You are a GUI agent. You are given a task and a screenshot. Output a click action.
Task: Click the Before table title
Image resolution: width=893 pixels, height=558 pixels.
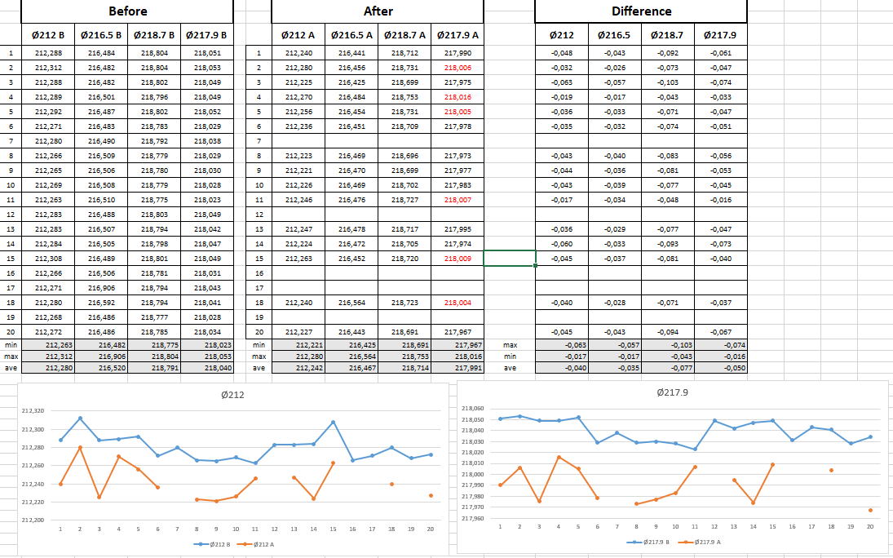pyautogui.click(x=127, y=11)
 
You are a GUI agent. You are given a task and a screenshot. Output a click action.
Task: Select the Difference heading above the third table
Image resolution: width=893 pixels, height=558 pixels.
pyautogui.click(x=641, y=11)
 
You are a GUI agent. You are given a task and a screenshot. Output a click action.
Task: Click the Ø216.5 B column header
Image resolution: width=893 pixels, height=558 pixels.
pyautogui.click(x=101, y=35)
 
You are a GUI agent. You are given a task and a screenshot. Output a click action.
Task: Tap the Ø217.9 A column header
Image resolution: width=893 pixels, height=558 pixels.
pyautogui.click(x=458, y=35)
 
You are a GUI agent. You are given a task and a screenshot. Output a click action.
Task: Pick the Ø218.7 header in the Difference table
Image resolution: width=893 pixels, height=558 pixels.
pyautogui.click(x=667, y=35)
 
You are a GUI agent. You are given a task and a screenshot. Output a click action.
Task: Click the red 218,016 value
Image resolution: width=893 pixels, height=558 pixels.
pyautogui.click(x=458, y=97)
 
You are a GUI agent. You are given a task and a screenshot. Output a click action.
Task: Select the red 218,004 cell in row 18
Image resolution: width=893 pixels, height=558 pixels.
pyautogui.click(x=458, y=302)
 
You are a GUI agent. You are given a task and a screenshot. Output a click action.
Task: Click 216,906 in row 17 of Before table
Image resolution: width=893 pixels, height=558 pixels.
pyautogui.click(x=101, y=287)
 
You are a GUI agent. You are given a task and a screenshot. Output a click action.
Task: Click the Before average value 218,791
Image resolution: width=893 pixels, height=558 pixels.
pyautogui.click(x=154, y=368)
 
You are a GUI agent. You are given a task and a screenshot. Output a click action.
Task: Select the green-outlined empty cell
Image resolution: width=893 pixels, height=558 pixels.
pyautogui.click(x=510, y=258)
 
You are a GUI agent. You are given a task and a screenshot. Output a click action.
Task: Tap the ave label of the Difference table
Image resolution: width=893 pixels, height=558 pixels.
pyautogui.click(x=510, y=368)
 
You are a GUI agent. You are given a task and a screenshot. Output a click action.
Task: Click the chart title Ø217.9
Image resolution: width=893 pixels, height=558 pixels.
pyautogui.click(x=672, y=392)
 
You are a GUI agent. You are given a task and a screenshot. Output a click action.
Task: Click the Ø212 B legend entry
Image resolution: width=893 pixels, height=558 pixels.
pyautogui.click(x=212, y=543)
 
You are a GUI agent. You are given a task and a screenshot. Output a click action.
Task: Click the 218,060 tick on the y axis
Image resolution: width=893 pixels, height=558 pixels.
pyautogui.click(x=472, y=409)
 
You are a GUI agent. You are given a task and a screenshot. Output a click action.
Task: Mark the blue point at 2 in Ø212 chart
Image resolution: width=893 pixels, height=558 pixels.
pyautogui.click(x=80, y=418)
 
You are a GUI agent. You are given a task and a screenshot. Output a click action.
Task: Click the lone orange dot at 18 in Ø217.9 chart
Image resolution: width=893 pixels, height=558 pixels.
pyautogui.click(x=831, y=470)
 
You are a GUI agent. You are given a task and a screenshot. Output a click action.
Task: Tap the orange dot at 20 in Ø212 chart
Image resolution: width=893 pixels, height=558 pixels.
pyautogui.click(x=431, y=495)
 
